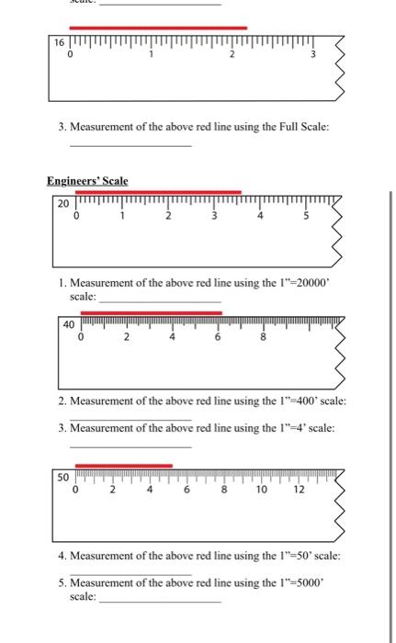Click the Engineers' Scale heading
coord(87,181)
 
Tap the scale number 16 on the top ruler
coord(60,44)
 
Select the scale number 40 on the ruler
coord(69,324)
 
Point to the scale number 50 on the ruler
coord(62,478)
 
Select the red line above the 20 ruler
coord(157,192)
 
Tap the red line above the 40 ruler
coord(151,312)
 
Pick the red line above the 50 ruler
coord(123,466)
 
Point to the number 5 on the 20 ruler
coord(306,217)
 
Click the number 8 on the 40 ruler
coord(262,338)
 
